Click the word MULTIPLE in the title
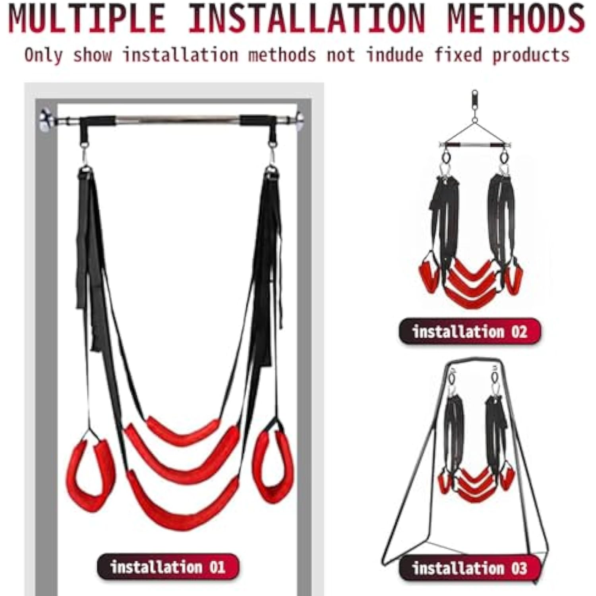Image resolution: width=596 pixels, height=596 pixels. [87, 18]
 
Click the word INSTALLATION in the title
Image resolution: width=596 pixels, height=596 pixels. [307, 18]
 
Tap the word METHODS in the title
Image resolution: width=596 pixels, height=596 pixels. [517, 18]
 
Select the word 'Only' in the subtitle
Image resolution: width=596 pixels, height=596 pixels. [43, 55]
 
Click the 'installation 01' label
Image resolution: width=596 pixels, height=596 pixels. [168, 567]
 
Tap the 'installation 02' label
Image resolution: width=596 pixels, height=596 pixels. [470, 331]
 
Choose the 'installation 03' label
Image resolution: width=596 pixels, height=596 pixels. [470, 568]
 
